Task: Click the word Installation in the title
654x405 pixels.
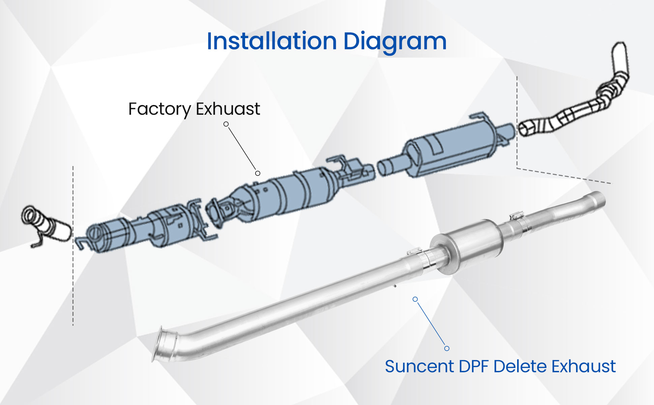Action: (272, 41)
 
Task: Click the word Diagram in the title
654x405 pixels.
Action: (395, 42)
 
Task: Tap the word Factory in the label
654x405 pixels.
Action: (159, 109)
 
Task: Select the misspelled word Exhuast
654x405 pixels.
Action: (228, 109)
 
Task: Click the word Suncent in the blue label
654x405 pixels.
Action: (419, 366)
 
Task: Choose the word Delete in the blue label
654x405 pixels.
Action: (521, 366)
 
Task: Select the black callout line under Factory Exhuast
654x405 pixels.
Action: (242, 148)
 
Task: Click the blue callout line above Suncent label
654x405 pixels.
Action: (431, 324)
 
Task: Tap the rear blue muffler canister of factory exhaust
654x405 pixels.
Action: (452, 148)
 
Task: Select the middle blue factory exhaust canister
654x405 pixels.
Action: (287, 196)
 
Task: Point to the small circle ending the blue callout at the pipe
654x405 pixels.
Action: (415, 299)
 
